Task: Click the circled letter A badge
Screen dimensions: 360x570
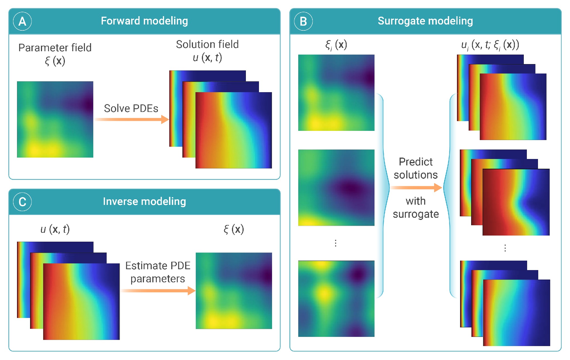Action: [x=22, y=21]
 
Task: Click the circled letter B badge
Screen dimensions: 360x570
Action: [x=303, y=21]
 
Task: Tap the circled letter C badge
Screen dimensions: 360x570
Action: [x=22, y=202]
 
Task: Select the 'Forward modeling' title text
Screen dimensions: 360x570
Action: [x=144, y=21]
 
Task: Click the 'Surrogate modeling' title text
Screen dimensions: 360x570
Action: [x=425, y=21]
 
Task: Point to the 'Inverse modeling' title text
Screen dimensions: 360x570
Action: [x=144, y=201]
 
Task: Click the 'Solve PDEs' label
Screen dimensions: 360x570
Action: [x=131, y=108]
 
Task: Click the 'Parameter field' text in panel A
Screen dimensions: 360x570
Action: [x=55, y=48]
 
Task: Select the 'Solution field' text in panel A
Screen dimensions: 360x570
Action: [x=207, y=44]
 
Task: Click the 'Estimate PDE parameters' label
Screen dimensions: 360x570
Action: [x=158, y=272]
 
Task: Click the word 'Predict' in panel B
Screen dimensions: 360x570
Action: [x=415, y=162]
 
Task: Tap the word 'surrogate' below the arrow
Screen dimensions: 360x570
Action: [x=415, y=214]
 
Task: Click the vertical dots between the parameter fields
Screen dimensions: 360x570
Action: [x=336, y=243]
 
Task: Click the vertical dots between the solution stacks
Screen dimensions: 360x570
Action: [x=505, y=248]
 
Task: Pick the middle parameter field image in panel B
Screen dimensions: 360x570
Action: [x=336, y=187]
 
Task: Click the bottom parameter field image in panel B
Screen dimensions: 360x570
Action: [x=336, y=298]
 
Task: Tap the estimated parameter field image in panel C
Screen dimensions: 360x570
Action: [x=234, y=291]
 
